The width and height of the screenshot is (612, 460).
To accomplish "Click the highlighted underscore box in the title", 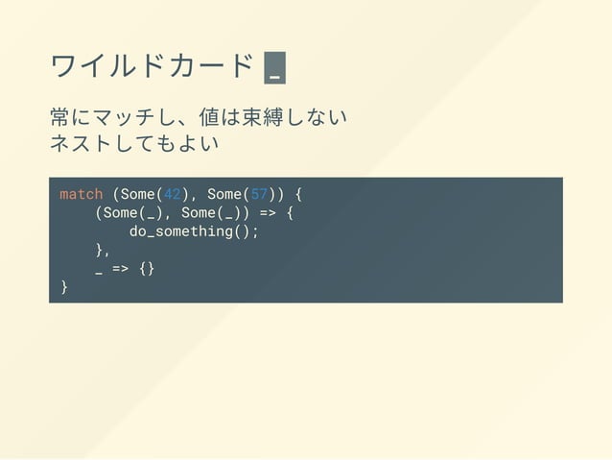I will click(275, 68).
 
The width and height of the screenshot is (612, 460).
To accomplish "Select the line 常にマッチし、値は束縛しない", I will click(198, 118).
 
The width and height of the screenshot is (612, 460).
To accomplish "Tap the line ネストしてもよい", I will click(134, 144).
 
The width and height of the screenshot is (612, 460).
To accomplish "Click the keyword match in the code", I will click(81, 194).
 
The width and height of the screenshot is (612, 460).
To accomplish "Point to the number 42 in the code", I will click(172, 194).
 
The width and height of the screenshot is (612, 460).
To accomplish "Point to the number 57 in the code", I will click(259, 194).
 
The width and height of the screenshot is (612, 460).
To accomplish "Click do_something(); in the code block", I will click(194, 231).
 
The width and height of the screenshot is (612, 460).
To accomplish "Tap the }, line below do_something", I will click(103, 250).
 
